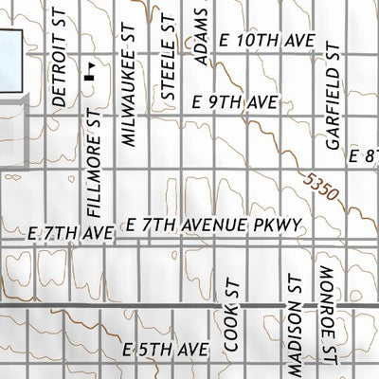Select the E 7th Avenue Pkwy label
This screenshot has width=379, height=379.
pyautogui.click(x=213, y=224)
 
